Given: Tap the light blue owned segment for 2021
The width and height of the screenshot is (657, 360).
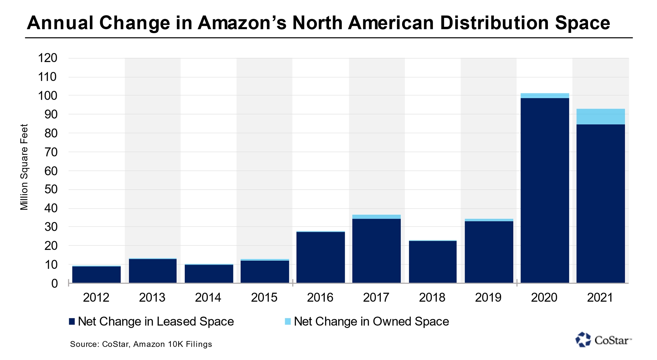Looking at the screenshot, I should coord(600,117).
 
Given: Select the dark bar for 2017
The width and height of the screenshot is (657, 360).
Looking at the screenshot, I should coord(376,251).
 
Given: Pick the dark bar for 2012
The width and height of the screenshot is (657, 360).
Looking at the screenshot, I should coord(96,274).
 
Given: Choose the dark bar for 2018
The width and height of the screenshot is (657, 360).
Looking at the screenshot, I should coord(432,262).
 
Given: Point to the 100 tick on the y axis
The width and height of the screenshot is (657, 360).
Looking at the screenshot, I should coord(48,96).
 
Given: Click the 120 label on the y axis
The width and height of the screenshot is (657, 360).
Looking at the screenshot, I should coord(48,58).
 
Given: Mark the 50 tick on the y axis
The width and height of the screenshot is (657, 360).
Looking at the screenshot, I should coord(51,190).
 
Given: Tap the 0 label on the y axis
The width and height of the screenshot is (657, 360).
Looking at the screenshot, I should coord(54,283).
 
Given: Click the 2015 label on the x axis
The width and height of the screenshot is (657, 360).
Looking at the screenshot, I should coord(264,297).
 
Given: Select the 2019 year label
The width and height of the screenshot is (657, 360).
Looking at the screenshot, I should coord(488,297).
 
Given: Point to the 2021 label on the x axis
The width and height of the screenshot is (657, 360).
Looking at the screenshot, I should coord(600,297).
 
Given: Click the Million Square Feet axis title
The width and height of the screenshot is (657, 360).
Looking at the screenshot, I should coord(24,167).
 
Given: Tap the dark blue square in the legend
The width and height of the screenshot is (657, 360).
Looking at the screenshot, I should coord(72,322).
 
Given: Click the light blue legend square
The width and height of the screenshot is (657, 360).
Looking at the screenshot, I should coord(288,322).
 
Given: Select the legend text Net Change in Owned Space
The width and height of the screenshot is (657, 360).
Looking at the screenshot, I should coord(371,322).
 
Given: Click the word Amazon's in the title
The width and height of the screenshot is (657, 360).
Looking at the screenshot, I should coord(242,23).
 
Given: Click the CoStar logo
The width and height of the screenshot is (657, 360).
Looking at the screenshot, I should coord(603,340).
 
